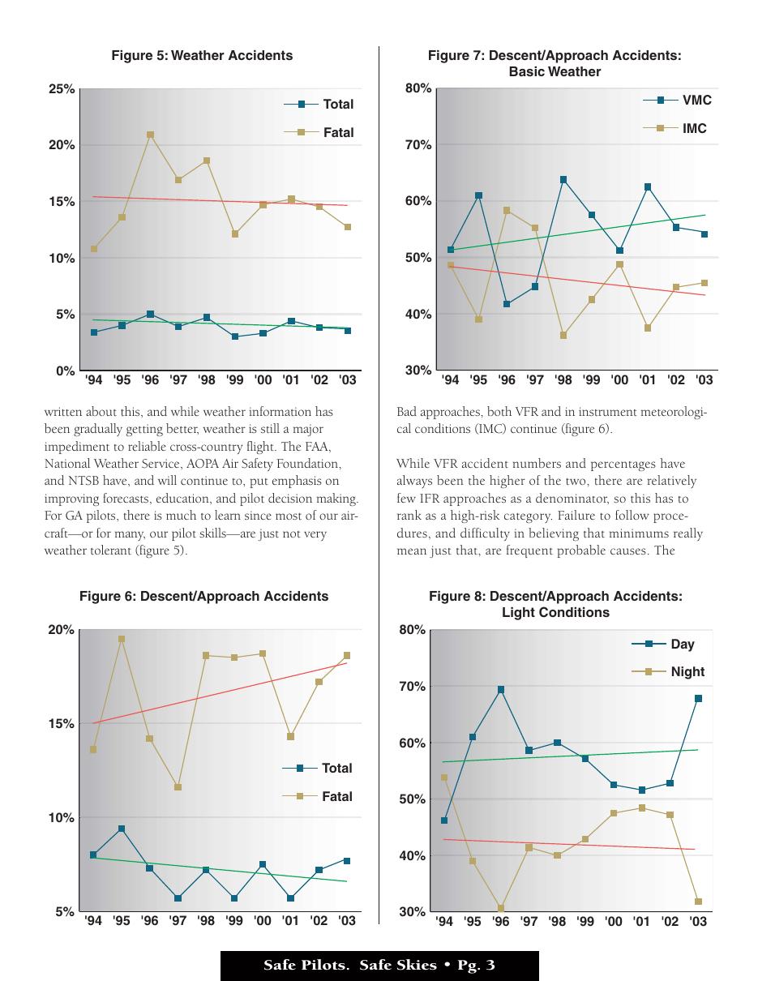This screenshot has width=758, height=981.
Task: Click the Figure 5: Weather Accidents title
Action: (x=202, y=55)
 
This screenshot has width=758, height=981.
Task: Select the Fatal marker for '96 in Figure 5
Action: (x=150, y=135)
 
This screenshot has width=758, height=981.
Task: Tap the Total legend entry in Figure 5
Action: (x=319, y=105)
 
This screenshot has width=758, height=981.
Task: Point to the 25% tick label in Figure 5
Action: (x=62, y=89)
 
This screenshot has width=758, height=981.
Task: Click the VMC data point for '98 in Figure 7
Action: (x=563, y=180)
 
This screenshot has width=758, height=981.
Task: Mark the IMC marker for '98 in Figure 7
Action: (x=563, y=336)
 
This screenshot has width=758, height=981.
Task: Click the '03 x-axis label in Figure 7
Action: (x=704, y=380)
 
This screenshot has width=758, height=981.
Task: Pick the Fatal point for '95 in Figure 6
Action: (x=121, y=639)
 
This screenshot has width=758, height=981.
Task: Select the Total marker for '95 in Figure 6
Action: (x=121, y=829)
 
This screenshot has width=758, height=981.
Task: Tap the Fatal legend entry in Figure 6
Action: (x=317, y=796)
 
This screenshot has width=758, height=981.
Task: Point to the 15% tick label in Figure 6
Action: (x=61, y=724)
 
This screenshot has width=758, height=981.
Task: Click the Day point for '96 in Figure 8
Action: (x=501, y=689)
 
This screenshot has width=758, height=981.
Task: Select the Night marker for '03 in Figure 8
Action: (x=698, y=902)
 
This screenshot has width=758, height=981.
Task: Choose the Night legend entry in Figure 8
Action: (x=668, y=672)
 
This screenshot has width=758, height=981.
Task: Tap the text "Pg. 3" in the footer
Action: (x=477, y=965)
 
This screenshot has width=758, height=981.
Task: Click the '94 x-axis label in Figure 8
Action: (x=444, y=921)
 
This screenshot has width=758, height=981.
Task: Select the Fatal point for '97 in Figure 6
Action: (x=178, y=787)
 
